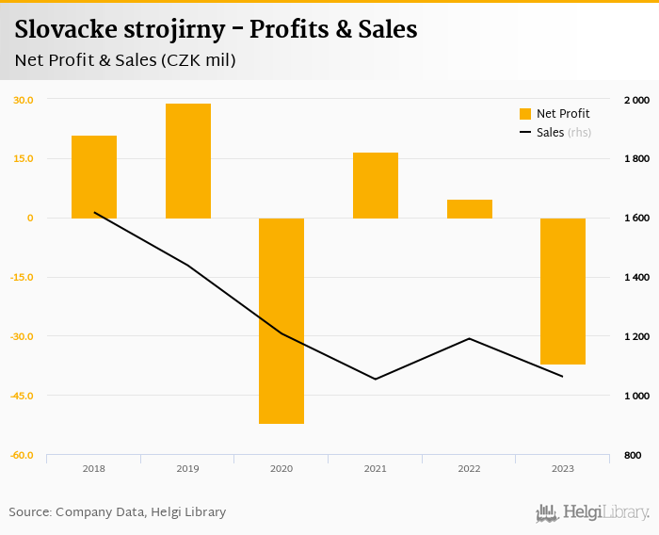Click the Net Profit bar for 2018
[94, 177]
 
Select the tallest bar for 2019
[188, 161]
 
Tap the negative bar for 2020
[281, 320]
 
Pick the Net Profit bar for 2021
[376, 186]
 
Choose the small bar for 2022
[470, 209]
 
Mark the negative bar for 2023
[563, 291]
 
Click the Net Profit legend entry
[555, 114]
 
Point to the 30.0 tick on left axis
[24, 100]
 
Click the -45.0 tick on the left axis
[23, 396]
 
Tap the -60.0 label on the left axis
[23, 455]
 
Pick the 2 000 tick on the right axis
[636, 100]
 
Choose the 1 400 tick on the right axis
[636, 277]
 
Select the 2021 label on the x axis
[376, 468]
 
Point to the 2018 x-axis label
[94, 468]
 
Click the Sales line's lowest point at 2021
[376, 380]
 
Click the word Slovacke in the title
[64, 29]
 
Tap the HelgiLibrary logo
[593, 512]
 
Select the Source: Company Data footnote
[118, 512]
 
